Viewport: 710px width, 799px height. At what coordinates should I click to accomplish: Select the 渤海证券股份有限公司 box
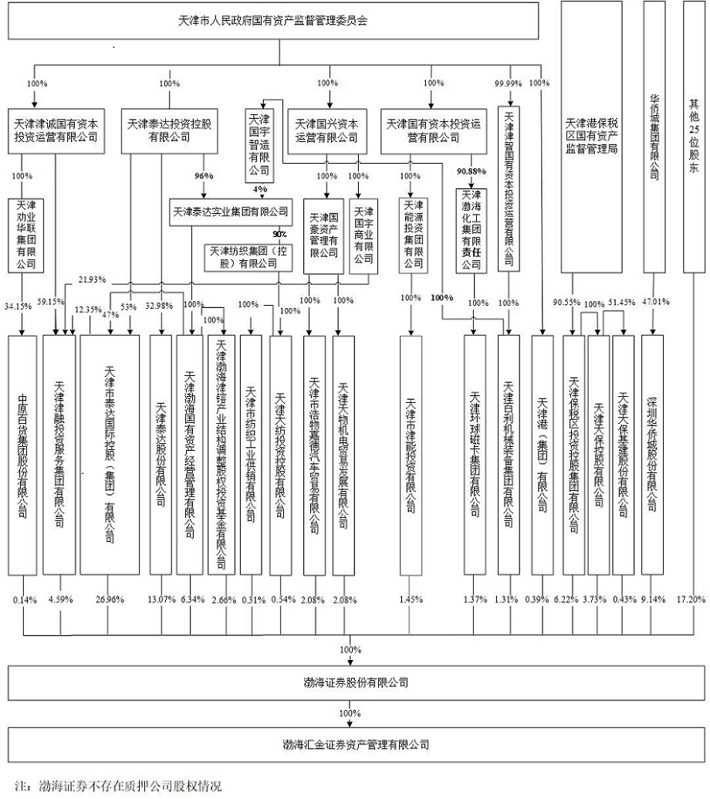pos(356,683)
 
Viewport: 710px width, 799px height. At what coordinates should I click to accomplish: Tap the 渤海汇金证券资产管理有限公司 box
pos(356,745)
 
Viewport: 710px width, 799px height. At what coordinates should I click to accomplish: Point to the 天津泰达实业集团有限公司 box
pos(230,210)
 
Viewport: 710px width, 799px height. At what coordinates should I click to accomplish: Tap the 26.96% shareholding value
pos(110,599)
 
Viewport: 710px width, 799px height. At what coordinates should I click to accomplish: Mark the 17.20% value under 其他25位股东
pos(690,599)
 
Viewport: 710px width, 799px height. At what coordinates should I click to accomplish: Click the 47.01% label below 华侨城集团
pos(656,302)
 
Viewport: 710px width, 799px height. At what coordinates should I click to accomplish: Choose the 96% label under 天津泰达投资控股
pos(204,175)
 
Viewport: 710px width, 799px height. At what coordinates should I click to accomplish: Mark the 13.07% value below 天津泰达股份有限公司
pos(161,599)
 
